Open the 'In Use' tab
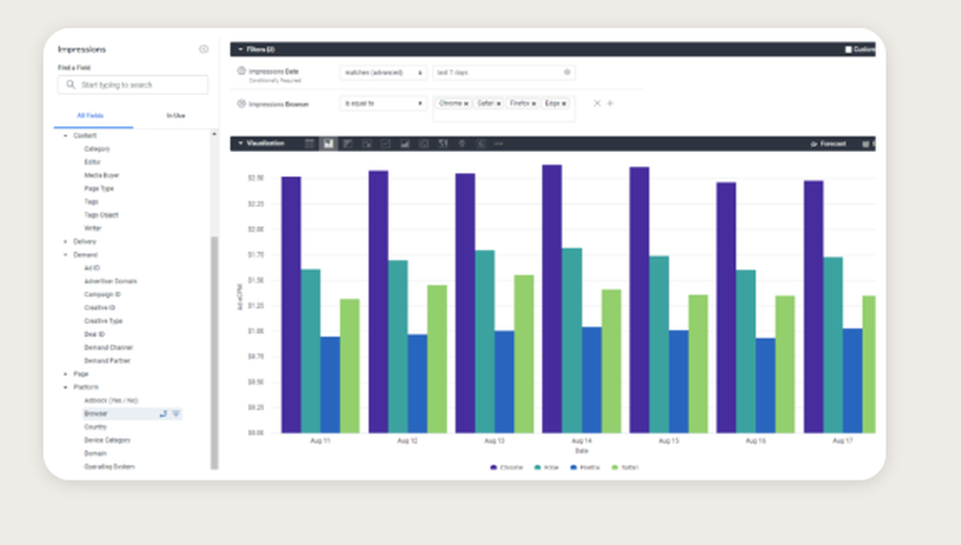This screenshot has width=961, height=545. click(176, 115)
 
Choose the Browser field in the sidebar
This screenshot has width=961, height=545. click(96, 413)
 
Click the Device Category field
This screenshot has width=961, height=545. click(107, 440)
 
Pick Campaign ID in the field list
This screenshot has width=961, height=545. click(102, 294)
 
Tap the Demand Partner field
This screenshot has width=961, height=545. click(107, 360)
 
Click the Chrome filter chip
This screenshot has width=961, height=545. click(451, 103)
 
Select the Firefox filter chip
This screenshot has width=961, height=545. click(519, 103)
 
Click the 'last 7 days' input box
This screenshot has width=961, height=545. click(500, 72)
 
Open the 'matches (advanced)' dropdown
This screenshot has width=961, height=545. click(382, 72)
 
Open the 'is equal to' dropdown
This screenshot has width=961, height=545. click(382, 103)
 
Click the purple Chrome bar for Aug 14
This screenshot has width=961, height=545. click(552, 298)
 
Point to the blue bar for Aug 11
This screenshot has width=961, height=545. click(330, 384)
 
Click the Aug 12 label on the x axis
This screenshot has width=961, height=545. click(407, 440)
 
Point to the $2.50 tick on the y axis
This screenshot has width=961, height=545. click(256, 178)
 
